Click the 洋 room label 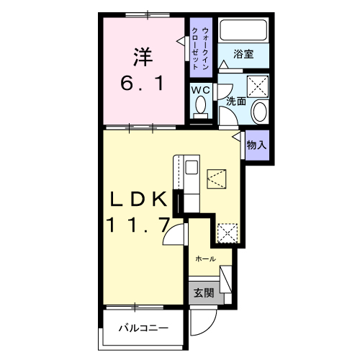click(143, 57)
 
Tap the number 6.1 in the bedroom click(142, 83)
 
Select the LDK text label click(138, 199)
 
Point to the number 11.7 click(139, 225)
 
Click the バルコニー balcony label click(143, 328)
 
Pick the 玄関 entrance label click(204, 292)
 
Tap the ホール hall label click(206, 258)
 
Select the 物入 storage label click(256, 145)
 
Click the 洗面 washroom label click(236, 102)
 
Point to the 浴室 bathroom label click(243, 54)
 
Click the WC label click(201, 90)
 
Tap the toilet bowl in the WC click(201, 107)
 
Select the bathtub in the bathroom click(243, 30)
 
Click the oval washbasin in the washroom click(260, 112)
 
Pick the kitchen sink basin click(192, 167)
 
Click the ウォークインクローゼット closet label click(201, 48)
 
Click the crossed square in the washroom click(258, 86)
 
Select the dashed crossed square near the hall click(228, 233)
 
